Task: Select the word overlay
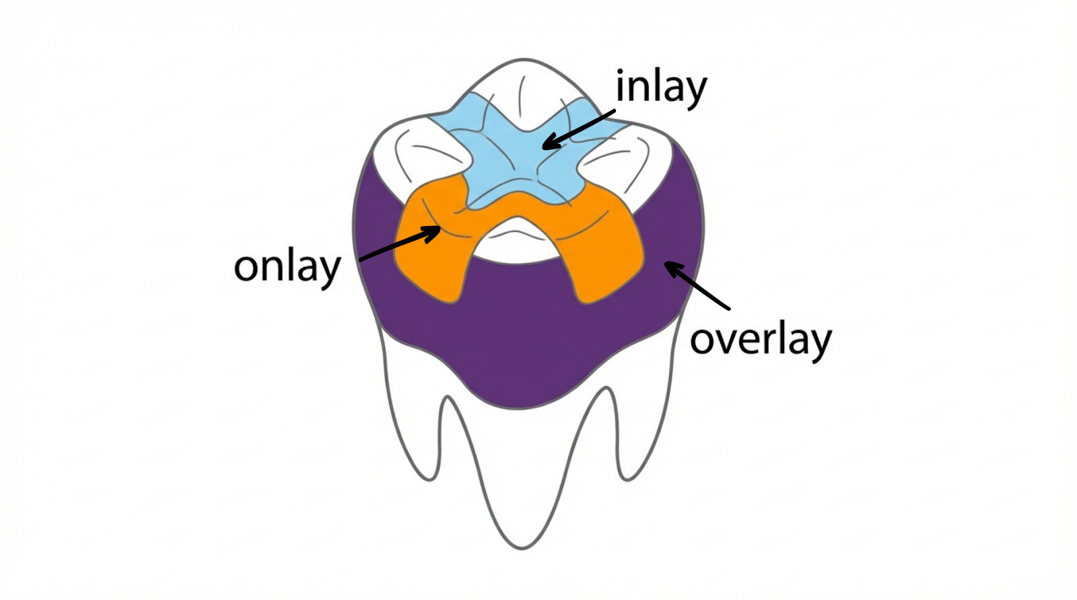(761, 340)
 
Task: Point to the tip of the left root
(429, 480)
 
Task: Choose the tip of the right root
(626, 480)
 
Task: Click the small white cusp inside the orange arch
(517, 243)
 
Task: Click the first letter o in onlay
(246, 268)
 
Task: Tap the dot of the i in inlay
(620, 73)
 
